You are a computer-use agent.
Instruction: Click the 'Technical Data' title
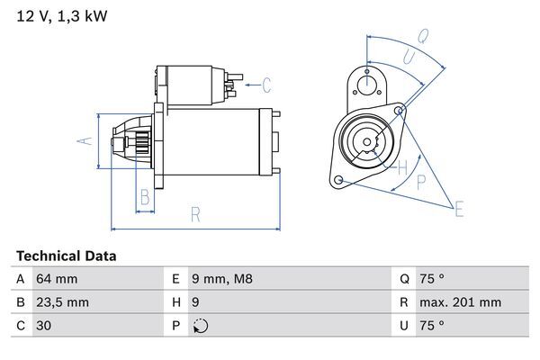(66, 256)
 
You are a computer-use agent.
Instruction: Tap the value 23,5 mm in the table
(61, 303)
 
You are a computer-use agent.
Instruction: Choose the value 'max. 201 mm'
(462, 303)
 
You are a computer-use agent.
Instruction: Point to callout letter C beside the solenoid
(266, 85)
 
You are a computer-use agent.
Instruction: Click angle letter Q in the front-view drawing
(423, 36)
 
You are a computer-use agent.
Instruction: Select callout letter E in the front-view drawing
(459, 211)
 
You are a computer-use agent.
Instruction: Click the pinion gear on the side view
(140, 143)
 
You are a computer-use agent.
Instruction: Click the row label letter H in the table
(175, 303)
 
